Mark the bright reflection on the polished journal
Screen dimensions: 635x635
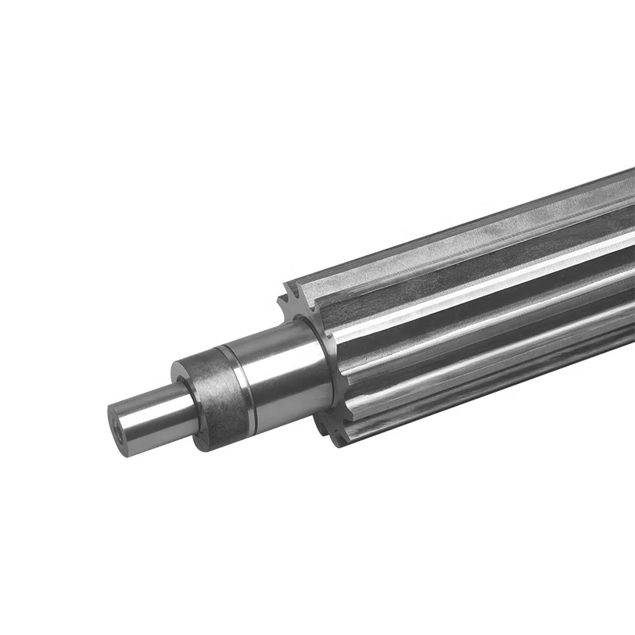[266, 352]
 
